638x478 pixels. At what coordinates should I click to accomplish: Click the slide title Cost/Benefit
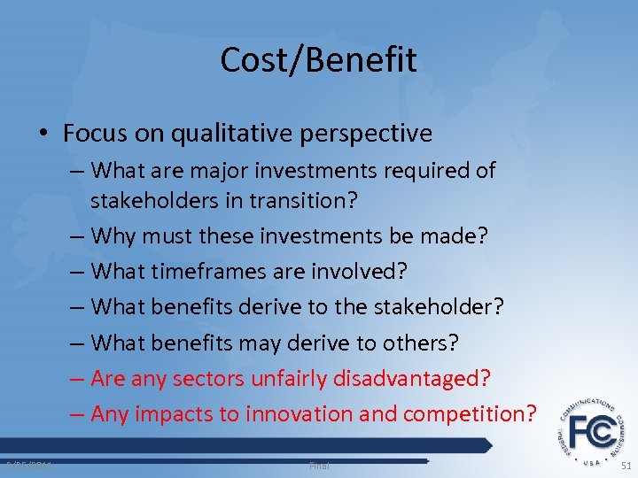[318, 60]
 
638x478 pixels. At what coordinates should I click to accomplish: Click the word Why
[113, 237]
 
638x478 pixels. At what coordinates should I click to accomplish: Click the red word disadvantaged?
[411, 378]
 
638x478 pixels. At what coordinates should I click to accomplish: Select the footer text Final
[318, 465]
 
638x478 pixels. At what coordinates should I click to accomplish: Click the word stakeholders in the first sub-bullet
[146, 200]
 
